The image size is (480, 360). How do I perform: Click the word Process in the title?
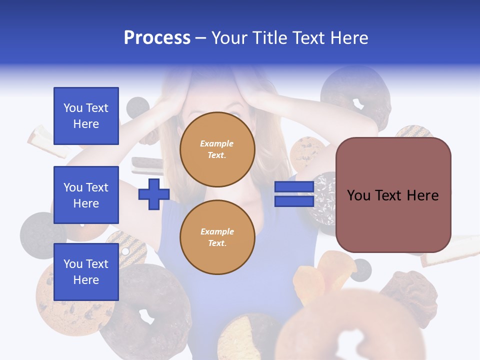(157, 38)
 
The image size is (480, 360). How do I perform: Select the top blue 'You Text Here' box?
(86, 116)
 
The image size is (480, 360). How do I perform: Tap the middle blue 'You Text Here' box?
(86, 195)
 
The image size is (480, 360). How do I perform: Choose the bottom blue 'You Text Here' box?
(86, 271)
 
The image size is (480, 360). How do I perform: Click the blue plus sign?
(154, 194)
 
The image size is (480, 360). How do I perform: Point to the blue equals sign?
(294, 194)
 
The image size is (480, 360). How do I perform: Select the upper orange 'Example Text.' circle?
(217, 149)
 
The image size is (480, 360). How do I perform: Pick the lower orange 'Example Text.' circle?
(217, 237)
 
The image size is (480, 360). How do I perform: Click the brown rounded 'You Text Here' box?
(393, 195)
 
